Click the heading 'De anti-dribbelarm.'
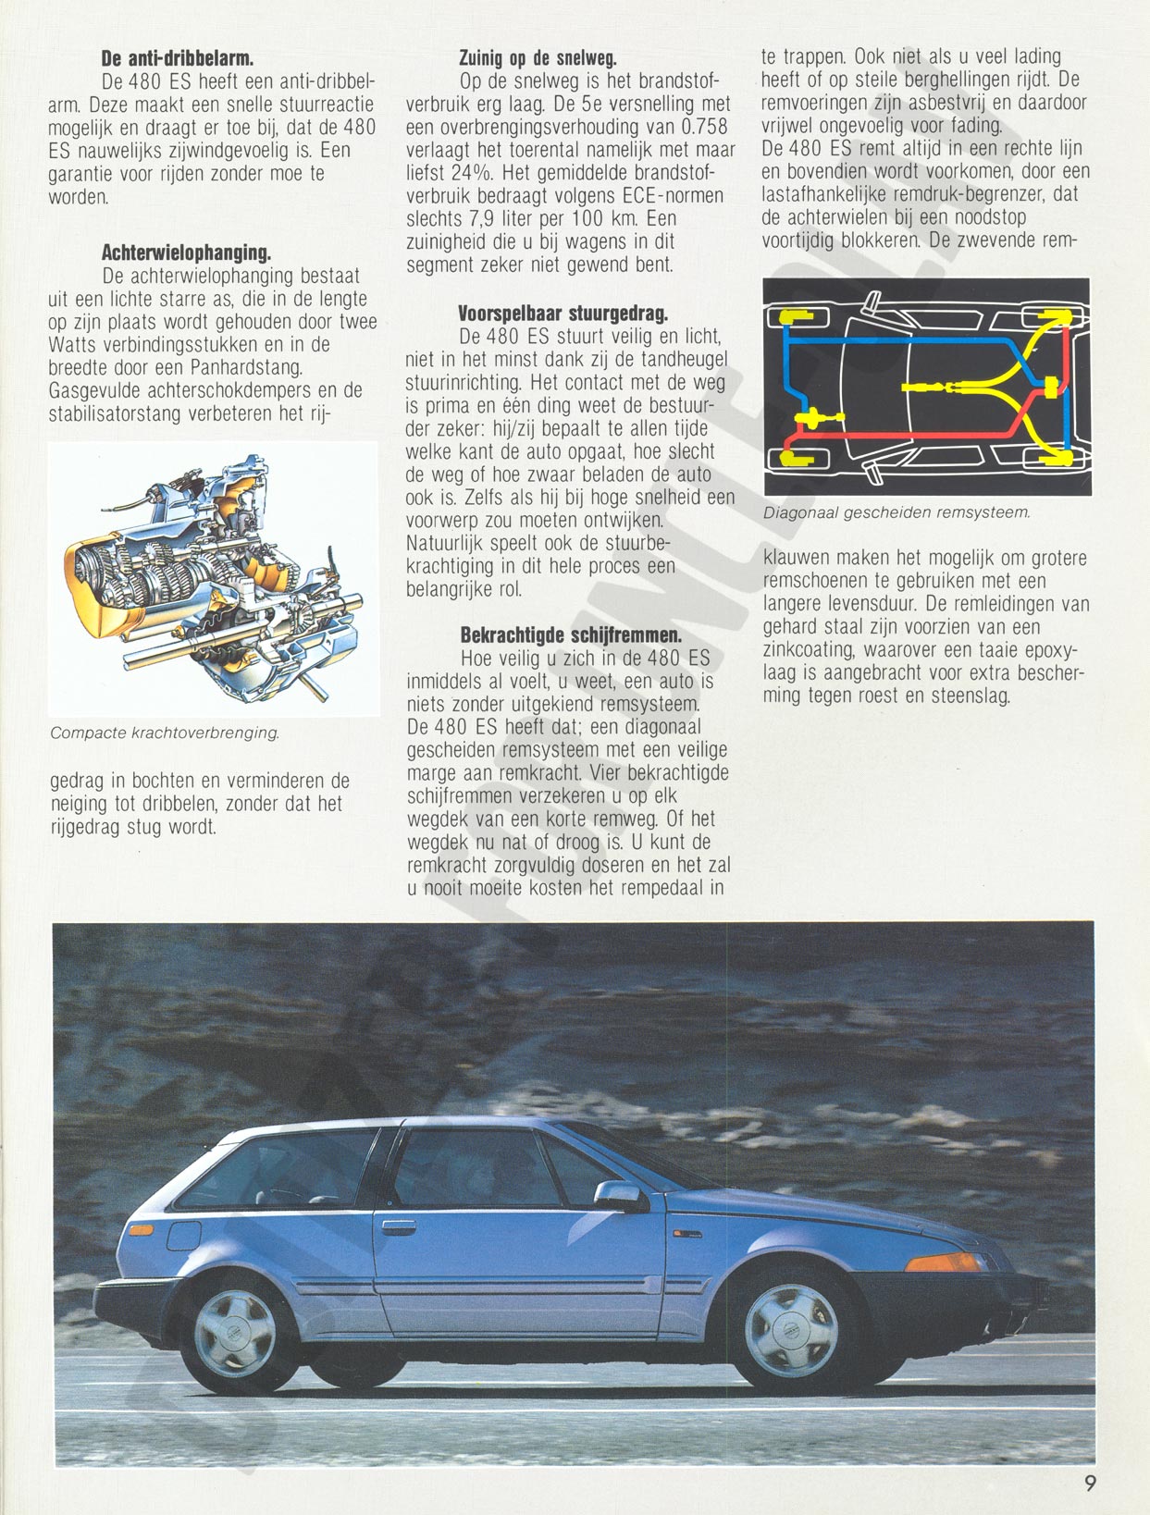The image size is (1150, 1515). [178, 58]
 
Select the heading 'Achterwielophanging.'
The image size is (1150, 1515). [186, 252]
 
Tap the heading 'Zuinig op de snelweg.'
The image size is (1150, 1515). [538, 58]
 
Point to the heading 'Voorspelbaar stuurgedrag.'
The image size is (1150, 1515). [563, 314]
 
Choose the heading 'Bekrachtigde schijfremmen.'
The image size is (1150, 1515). [571, 634]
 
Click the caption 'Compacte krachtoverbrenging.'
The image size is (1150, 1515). [165, 733]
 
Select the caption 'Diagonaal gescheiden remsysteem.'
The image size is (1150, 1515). [897, 512]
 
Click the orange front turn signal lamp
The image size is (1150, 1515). [945, 1262]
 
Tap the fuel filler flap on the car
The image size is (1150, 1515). [184, 1235]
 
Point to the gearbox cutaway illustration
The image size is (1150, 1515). [214, 578]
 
